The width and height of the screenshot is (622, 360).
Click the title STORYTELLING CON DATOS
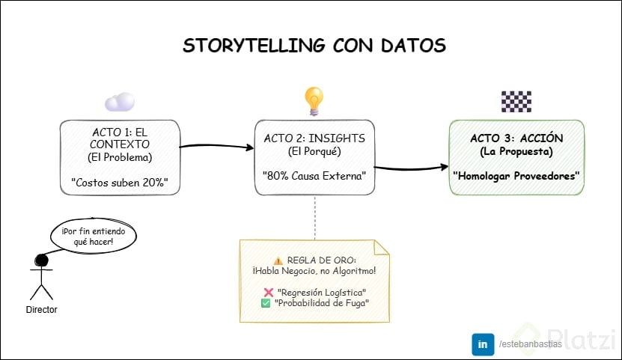pyautogui.click(x=314, y=45)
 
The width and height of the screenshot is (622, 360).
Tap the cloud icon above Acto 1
pyautogui.click(x=120, y=102)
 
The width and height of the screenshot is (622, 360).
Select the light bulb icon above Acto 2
pyautogui.click(x=314, y=99)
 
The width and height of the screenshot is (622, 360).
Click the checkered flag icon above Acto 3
pyautogui.click(x=516, y=101)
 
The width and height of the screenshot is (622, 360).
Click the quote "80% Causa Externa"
pyautogui.click(x=314, y=177)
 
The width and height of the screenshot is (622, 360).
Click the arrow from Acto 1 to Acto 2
pyautogui.click(x=217, y=145)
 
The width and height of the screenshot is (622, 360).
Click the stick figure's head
pyautogui.click(x=42, y=261)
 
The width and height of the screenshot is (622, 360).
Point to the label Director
pyautogui.click(x=41, y=309)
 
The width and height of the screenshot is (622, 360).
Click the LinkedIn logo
pyautogui.click(x=481, y=344)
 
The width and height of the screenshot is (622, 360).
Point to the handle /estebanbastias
pyautogui.click(x=528, y=344)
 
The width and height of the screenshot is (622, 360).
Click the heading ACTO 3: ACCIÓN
pyautogui.click(x=516, y=139)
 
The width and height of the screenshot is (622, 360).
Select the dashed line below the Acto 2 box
pyautogui.click(x=314, y=217)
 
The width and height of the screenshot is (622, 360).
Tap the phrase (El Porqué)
pyautogui.click(x=314, y=151)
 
